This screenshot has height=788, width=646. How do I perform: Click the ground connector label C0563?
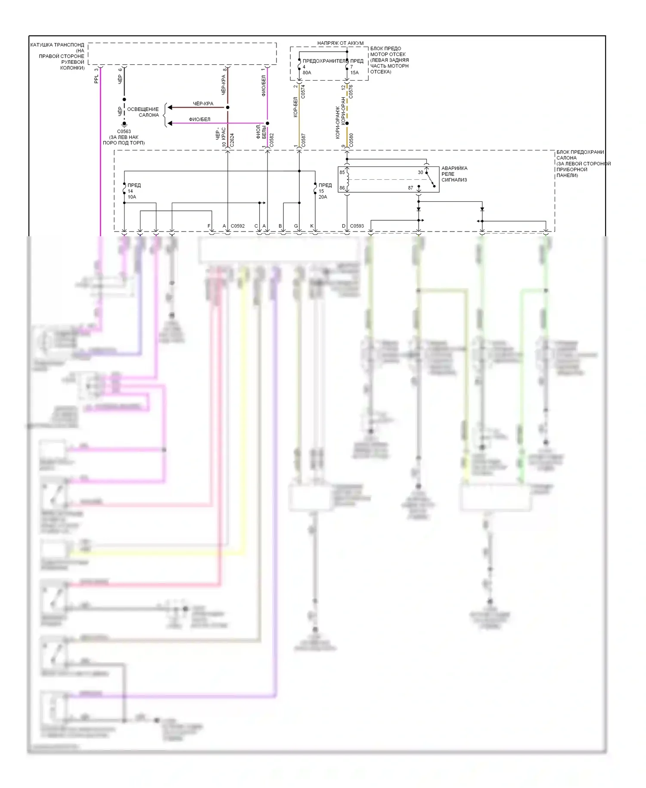click(x=124, y=131)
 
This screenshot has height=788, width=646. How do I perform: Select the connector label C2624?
click(x=232, y=141)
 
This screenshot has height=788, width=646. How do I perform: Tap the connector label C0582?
click(x=271, y=141)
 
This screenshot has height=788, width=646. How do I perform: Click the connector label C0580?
click(x=351, y=141)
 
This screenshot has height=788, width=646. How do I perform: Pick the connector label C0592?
click(x=237, y=226)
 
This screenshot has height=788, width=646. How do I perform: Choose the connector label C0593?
click(x=357, y=226)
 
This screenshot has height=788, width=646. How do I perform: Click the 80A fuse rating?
click(x=307, y=72)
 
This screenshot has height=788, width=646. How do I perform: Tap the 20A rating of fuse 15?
click(x=323, y=197)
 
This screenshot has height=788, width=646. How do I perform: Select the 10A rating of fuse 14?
click(x=132, y=197)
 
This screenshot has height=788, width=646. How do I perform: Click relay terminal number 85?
click(x=342, y=172)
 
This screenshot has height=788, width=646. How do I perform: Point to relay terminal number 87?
click(x=410, y=188)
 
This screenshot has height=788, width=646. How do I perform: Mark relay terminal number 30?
click(x=420, y=172)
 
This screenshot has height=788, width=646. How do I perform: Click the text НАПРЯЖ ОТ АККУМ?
click(x=340, y=43)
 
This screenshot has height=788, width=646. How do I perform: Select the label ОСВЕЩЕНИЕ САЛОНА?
click(x=143, y=112)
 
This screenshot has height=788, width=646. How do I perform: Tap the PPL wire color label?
click(x=96, y=79)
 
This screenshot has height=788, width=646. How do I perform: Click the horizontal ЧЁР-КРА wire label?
click(x=203, y=104)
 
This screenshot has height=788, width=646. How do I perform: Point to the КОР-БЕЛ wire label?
click(x=295, y=107)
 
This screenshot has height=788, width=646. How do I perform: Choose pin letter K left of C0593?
click(x=312, y=226)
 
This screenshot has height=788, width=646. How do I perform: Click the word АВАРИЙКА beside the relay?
click(x=454, y=168)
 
